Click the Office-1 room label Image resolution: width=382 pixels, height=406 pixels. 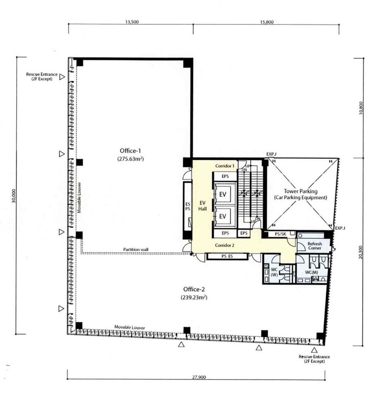(x=130, y=151)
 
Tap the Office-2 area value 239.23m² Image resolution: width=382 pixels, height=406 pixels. (x=194, y=297)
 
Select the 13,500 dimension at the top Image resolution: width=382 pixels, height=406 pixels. (x=132, y=22)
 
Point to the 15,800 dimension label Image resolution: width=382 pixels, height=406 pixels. (x=266, y=22)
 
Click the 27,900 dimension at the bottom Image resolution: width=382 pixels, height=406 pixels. (x=199, y=377)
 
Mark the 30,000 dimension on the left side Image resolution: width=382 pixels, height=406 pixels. (x=14, y=195)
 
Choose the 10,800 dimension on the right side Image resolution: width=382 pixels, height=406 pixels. (x=361, y=108)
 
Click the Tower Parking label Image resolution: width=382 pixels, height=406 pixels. (x=300, y=191)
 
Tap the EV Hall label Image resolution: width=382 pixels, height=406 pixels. (x=202, y=206)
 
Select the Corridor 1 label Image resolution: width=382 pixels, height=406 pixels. (x=225, y=166)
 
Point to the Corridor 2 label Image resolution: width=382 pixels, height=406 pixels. (x=224, y=245)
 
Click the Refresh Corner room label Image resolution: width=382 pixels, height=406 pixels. (x=315, y=246)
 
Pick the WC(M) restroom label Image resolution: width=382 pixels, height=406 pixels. (x=312, y=273)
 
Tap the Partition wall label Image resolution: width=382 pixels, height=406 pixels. (x=136, y=249)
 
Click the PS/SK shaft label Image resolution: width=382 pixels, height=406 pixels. (x=281, y=234)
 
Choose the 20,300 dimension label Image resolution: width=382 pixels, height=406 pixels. (x=361, y=252)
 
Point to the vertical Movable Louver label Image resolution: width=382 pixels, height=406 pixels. (x=80, y=197)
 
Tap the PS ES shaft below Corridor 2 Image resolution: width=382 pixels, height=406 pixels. (x=227, y=256)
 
